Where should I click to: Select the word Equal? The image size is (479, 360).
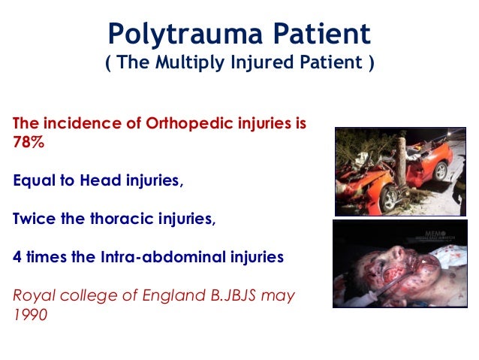pos(35,181)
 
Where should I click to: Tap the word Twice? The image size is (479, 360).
pos(35,219)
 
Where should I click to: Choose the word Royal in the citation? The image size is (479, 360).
pos(34,295)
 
